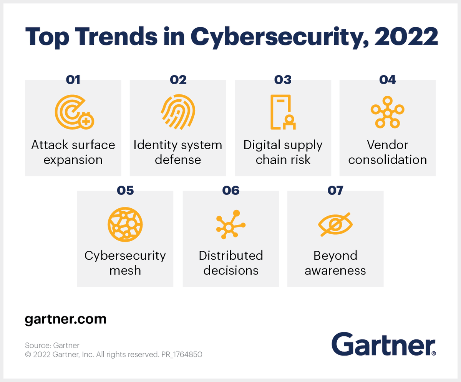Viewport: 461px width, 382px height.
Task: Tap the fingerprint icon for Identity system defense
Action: pyautogui.click(x=178, y=112)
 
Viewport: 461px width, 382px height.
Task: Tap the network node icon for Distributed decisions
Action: pyautogui.click(x=230, y=225)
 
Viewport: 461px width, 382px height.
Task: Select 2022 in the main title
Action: pyautogui.click(x=406, y=37)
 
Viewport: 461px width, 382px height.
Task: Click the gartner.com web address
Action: pyautogui.click(x=65, y=319)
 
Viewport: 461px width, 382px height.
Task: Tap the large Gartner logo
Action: pyautogui.click(x=383, y=344)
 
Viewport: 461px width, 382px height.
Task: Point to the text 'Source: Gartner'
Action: pyautogui.click(x=52, y=345)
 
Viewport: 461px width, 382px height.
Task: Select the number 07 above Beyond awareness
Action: pyautogui.click(x=335, y=190)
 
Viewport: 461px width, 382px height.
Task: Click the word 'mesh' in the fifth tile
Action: pyautogui.click(x=125, y=270)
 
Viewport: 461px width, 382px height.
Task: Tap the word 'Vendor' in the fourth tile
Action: pyautogui.click(x=387, y=145)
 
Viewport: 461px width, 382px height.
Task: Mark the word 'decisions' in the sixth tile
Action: pyautogui.click(x=230, y=270)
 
